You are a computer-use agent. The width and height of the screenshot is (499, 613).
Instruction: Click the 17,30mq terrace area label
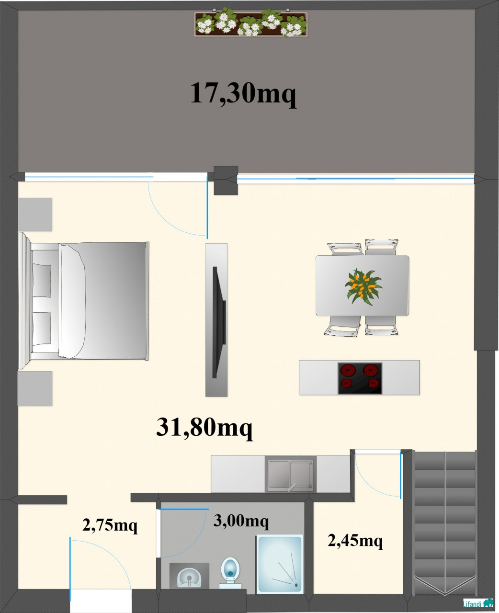click(243, 93)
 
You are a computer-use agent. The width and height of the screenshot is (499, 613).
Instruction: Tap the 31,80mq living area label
click(204, 428)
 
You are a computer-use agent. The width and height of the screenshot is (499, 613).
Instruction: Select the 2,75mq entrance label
click(110, 525)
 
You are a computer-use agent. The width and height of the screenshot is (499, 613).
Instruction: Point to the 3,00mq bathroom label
click(241, 521)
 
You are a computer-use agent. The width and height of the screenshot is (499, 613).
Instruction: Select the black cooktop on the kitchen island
click(360, 378)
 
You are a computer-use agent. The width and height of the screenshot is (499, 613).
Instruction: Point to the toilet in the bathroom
click(230, 572)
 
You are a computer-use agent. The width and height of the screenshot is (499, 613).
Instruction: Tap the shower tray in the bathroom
click(280, 564)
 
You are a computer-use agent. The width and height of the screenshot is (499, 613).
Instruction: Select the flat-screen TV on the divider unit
click(219, 322)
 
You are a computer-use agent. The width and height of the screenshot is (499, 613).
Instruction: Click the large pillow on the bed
click(72, 301)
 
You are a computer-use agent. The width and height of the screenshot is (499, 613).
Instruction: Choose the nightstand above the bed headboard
click(35, 215)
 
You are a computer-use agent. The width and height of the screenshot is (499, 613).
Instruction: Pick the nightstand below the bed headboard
click(35, 388)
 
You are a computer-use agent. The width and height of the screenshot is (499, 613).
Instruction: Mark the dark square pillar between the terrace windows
click(226, 181)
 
